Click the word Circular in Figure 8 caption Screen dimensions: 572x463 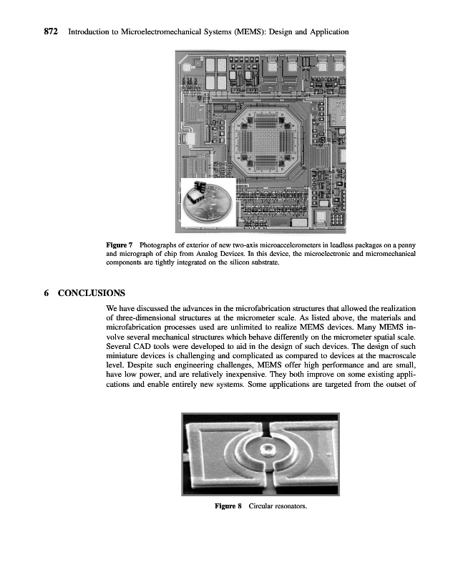pos(263,506)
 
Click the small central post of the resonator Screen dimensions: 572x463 pos(268,450)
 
